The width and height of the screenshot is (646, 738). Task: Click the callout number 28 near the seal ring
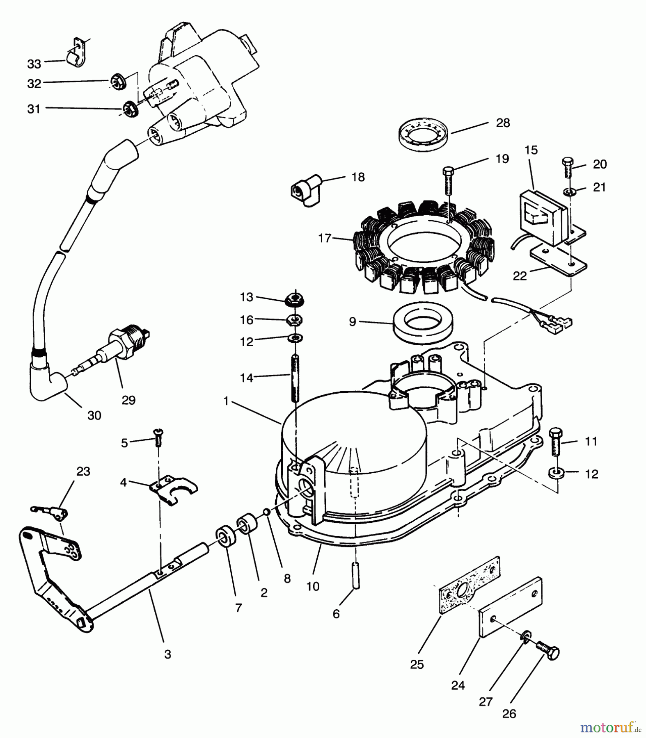click(503, 123)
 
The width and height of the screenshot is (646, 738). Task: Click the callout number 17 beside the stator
click(324, 238)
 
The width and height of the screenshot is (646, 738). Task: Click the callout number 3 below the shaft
click(167, 655)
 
